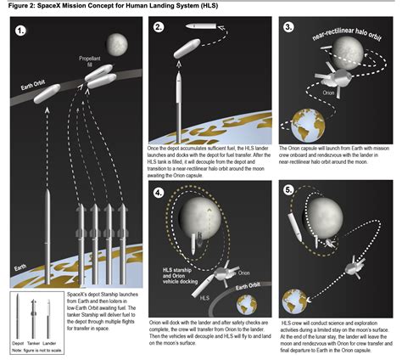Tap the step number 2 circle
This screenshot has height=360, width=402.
[x=159, y=27]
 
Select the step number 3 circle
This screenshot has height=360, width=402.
[x=290, y=27]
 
